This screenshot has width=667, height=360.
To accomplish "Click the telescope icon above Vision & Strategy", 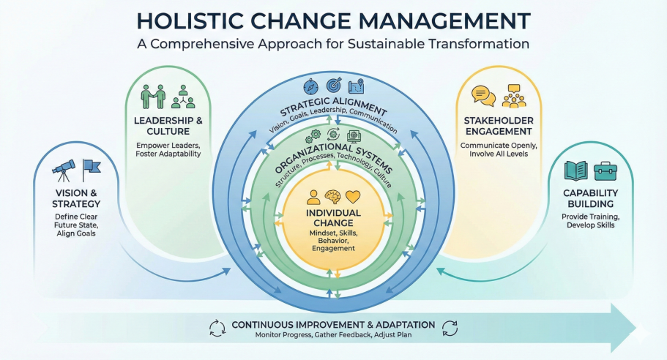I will coord(63,170).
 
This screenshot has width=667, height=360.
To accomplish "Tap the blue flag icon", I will coord(92,169).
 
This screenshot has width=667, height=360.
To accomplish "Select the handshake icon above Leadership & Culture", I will coord(153,96).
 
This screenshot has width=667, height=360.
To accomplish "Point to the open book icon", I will coord(576,171).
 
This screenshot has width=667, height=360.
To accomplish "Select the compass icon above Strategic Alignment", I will coord(308,86).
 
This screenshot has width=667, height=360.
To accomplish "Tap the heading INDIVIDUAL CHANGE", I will coord(333,217).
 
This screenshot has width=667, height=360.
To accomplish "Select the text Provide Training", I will coord(590,217).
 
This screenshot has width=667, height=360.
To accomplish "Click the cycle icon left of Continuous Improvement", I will coord(217,328).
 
